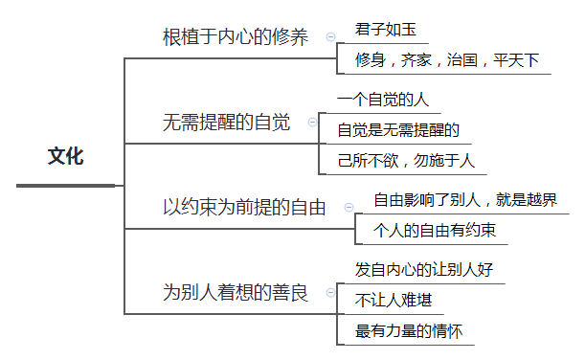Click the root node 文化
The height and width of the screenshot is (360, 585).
(x=66, y=156)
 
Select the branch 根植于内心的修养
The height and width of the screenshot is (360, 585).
(x=236, y=37)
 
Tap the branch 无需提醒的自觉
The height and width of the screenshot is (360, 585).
(x=226, y=123)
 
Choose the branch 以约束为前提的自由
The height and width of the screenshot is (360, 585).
(x=244, y=207)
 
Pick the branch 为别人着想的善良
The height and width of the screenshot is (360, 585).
(x=236, y=292)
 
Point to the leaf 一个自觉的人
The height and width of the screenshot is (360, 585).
(x=383, y=99)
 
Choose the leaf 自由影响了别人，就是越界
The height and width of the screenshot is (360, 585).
(x=464, y=200)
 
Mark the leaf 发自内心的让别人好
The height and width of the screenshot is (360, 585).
(x=423, y=270)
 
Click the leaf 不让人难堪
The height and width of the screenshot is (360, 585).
(x=393, y=301)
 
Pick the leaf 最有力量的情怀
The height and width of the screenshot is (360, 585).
(x=409, y=331)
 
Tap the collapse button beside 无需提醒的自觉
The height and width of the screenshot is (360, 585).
(x=312, y=123)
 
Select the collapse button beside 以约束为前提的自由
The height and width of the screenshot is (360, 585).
(x=349, y=207)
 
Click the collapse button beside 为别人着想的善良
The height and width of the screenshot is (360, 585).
(x=330, y=292)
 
